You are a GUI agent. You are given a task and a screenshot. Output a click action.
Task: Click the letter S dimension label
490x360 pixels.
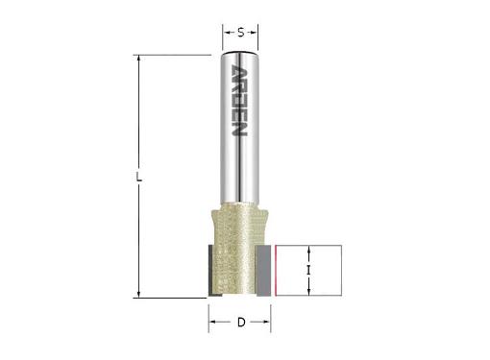tap(241, 33)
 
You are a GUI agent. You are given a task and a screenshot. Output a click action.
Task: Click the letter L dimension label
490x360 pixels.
tap(139, 177)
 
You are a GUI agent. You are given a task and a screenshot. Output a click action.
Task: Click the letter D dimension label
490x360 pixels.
tap(241, 322)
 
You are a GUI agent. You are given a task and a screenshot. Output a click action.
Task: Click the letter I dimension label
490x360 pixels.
tap(308, 271)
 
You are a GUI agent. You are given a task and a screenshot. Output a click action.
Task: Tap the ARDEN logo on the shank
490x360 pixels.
tap(239, 101)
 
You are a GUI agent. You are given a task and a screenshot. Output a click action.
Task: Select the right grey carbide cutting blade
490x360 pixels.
tap(264, 271)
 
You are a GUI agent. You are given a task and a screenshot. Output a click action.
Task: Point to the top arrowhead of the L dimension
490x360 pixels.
tap(139, 59)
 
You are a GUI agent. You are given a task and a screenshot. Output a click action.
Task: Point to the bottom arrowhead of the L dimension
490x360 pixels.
tap(139, 294)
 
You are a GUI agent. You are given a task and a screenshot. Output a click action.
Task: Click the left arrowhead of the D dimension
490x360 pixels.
tap(212, 322)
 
